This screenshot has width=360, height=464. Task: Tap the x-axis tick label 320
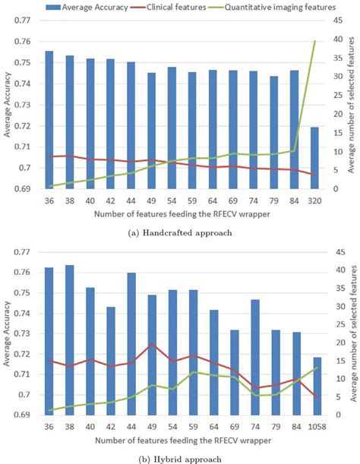tap(314, 201)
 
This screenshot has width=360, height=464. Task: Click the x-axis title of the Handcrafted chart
tap(181, 215)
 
